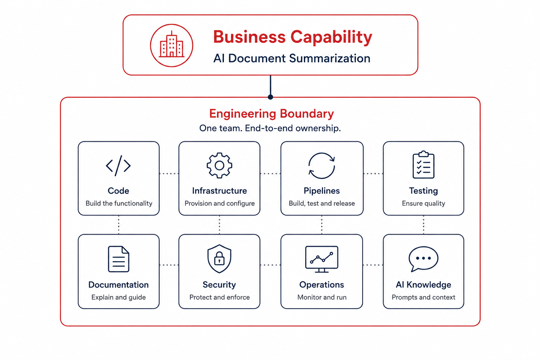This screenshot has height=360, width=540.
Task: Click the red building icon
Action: click(x=172, y=45)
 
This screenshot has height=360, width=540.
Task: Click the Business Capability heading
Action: click(x=292, y=37)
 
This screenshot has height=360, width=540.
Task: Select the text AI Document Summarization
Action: click(x=292, y=58)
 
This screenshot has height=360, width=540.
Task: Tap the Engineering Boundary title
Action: click(x=271, y=114)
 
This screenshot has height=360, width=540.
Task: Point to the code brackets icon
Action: click(x=118, y=166)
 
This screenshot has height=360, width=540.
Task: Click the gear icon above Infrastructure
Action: click(x=219, y=166)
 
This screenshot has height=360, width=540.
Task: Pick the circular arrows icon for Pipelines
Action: click(x=322, y=166)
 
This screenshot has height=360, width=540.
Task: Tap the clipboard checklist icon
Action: click(x=423, y=165)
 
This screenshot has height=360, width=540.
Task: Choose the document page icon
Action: click(x=118, y=259)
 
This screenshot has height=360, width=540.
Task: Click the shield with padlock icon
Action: click(x=219, y=259)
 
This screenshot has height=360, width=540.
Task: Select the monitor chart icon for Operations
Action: click(x=322, y=259)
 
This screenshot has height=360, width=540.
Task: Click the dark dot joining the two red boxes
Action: click(x=270, y=97)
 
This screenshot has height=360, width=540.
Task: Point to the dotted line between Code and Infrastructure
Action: click(x=169, y=174)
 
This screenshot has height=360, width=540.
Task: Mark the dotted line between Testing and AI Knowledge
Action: click(x=424, y=225)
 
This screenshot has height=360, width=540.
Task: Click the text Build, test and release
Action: click(x=322, y=204)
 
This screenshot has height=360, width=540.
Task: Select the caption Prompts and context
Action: click(x=423, y=297)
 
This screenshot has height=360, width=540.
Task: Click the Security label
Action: click(x=219, y=285)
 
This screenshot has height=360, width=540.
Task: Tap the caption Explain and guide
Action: click(x=118, y=297)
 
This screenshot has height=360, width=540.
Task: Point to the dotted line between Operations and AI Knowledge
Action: click(x=373, y=265)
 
